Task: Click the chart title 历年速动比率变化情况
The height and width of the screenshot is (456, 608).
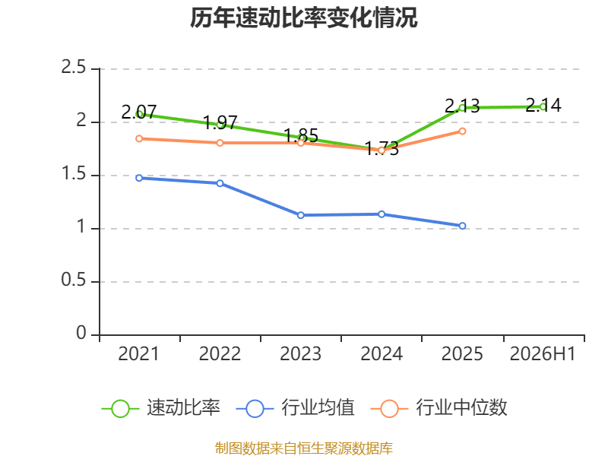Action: coord(303,17)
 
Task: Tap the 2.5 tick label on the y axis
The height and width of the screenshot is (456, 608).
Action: coord(73,67)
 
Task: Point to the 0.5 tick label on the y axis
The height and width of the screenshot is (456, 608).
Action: coord(73,280)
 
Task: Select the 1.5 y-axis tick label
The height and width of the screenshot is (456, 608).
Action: coord(73,173)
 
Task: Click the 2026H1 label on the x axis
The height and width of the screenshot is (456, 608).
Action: coord(543,353)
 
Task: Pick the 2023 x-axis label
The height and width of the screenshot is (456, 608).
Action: coord(300,353)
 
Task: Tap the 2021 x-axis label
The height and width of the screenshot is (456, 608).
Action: coord(139,353)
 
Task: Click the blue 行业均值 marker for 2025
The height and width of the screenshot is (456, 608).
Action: coord(462,226)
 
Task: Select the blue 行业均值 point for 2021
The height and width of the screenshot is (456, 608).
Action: coord(139,178)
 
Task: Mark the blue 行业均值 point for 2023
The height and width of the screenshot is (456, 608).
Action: coord(300,215)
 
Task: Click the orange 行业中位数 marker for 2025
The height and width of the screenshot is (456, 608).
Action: coord(462,131)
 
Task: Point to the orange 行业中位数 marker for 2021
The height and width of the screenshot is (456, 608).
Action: coord(139,139)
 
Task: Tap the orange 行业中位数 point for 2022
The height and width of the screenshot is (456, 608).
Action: coord(220,143)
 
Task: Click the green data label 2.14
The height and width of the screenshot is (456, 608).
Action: coord(543,105)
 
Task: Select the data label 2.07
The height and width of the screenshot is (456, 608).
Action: coord(139,112)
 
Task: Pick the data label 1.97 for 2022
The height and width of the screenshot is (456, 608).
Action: coord(220,122)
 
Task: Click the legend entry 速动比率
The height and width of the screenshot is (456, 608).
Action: coord(161,408)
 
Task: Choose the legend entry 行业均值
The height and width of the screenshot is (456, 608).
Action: coord(295,408)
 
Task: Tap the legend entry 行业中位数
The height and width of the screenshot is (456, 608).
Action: coord(439,408)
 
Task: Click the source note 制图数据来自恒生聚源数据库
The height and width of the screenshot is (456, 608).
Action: coord(303,448)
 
